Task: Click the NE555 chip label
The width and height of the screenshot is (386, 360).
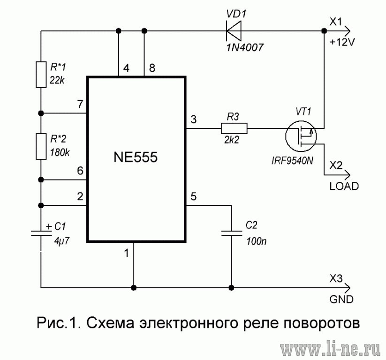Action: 136,157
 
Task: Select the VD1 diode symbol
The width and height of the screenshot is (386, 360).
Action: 234,31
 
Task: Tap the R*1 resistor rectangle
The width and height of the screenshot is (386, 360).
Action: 41,75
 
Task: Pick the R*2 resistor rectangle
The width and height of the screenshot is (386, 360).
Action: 41,146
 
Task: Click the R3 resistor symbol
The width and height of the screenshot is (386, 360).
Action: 234,128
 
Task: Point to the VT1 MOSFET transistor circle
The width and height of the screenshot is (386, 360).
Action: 301,136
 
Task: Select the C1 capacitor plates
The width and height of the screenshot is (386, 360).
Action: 41,233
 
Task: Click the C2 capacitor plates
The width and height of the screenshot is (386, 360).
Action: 231,233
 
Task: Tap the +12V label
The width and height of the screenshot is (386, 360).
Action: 342,42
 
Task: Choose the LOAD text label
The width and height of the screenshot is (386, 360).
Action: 344,186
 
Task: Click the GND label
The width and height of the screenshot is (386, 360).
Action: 341,299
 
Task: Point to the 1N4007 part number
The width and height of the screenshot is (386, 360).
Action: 245,47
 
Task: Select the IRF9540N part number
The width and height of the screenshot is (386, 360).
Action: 293,161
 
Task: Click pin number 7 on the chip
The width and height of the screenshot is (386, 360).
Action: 80,105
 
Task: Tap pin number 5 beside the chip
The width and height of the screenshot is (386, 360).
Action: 194,196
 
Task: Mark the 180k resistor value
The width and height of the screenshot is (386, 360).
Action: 60,153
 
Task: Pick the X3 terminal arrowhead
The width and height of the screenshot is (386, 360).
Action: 348,287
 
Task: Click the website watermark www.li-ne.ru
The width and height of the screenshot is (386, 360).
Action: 330,349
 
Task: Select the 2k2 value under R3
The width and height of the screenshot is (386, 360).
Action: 232,140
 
